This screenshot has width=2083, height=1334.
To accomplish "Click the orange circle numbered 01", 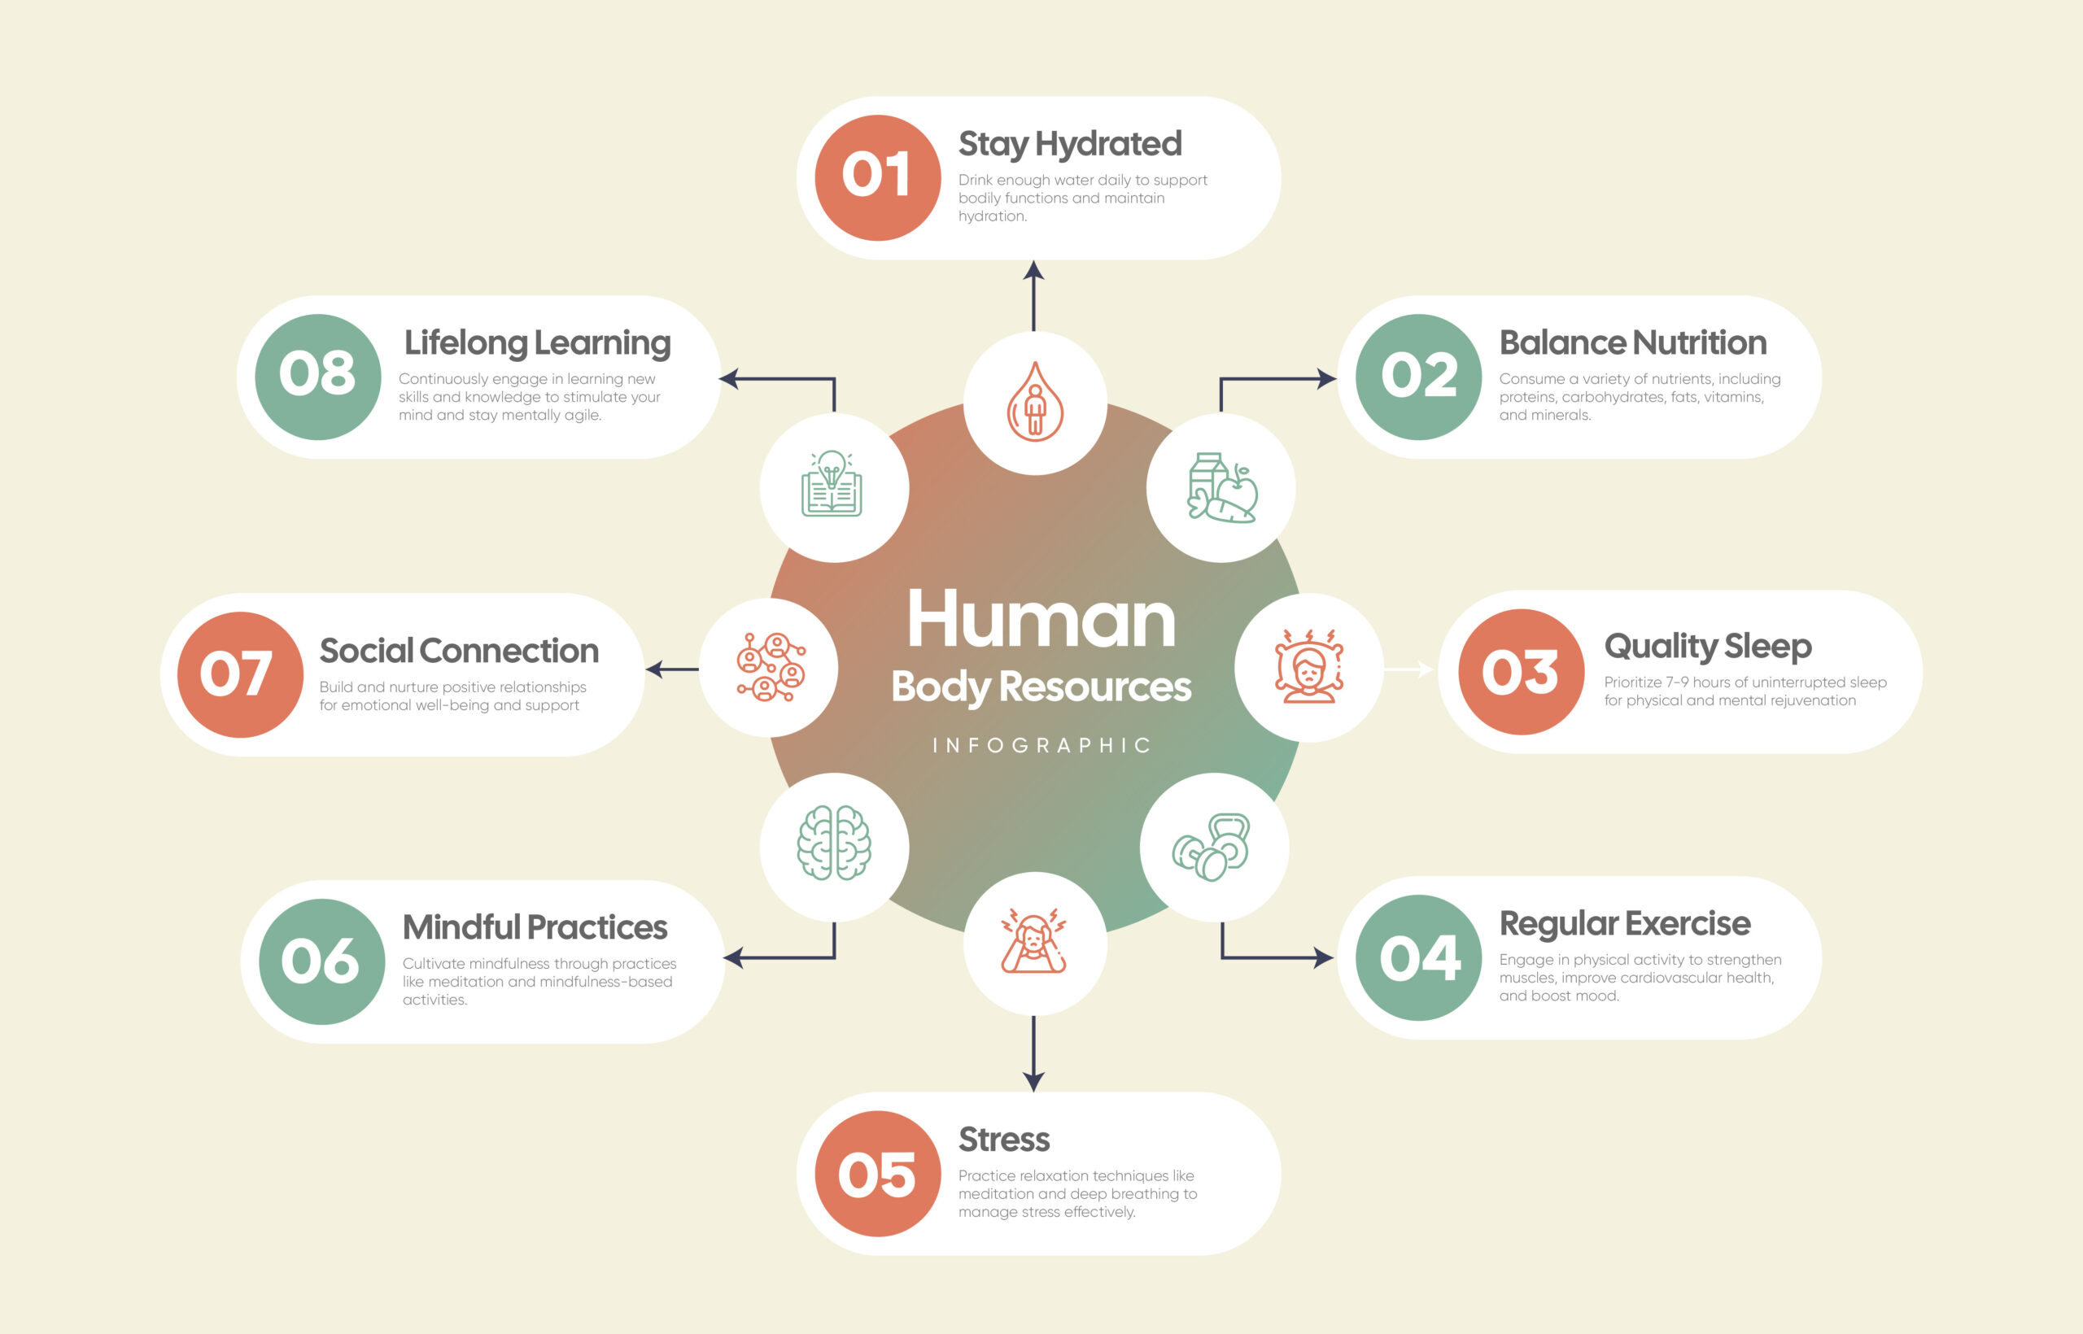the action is click(878, 177).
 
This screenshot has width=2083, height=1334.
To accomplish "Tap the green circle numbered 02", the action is click(1418, 377).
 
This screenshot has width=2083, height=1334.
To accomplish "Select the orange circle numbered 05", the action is click(878, 1174).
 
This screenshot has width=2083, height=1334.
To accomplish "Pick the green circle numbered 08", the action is click(318, 377).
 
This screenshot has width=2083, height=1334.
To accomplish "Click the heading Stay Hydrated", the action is click(1070, 145).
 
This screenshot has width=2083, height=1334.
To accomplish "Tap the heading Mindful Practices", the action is click(535, 928).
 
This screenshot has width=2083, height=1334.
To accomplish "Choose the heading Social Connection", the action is click(459, 651).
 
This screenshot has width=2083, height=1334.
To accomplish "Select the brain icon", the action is click(833, 843).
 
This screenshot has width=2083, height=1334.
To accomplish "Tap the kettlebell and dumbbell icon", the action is click(1212, 848).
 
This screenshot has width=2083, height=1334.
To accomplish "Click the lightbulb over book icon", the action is click(832, 483).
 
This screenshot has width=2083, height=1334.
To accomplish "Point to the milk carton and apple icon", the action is click(1221, 488).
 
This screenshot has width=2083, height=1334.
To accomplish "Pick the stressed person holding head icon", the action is click(1033, 941).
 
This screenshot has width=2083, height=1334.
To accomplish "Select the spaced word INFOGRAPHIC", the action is click(1041, 746).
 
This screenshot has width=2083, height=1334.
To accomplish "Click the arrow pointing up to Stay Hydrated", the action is click(1033, 295).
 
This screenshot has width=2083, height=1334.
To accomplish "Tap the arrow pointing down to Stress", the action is click(1033, 1054).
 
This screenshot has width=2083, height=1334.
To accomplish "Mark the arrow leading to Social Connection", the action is click(672, 669).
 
